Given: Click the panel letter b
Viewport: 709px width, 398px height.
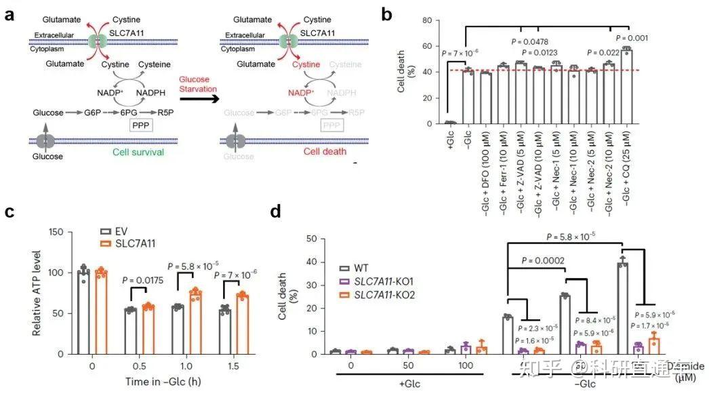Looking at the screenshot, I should pyautogui.click(x=387, y=14).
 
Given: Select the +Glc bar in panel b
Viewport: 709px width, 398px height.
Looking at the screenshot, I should pyautogui.click(x=450, y=122).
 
